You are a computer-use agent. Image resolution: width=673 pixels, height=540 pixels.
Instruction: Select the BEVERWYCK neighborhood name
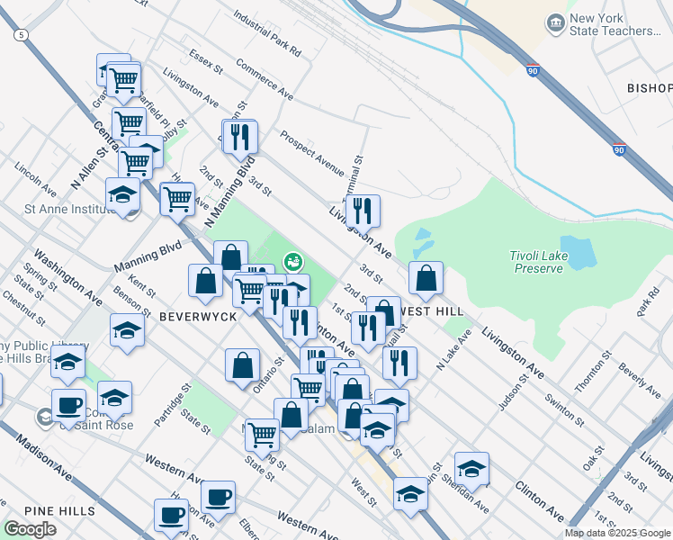[x=197, y=317]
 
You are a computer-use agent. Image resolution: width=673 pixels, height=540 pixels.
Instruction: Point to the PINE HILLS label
[x=60, y=510]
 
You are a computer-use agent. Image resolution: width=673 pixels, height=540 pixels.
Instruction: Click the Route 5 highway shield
[x=20, y=34]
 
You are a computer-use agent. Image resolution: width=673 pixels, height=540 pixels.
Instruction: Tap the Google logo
[x=30, y=529]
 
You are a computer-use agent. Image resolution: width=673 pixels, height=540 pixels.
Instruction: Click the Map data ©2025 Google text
[x=616, y=533]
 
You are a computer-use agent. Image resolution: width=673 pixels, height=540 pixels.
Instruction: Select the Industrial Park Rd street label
[x=265, y=34]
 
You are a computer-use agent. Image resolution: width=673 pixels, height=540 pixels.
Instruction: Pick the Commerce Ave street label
[x=265, y=79]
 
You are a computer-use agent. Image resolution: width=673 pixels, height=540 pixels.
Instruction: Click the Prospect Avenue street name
[x=311, y=152]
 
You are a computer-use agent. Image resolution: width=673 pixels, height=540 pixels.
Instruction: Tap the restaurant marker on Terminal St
[x=362, y=211]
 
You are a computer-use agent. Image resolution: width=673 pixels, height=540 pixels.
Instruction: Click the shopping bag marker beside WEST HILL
[x=426, y=280]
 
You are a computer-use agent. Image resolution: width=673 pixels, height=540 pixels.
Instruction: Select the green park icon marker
[x=292, y=262]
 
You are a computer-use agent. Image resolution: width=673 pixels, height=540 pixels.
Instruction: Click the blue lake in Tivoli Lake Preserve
[x=577, y=254]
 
